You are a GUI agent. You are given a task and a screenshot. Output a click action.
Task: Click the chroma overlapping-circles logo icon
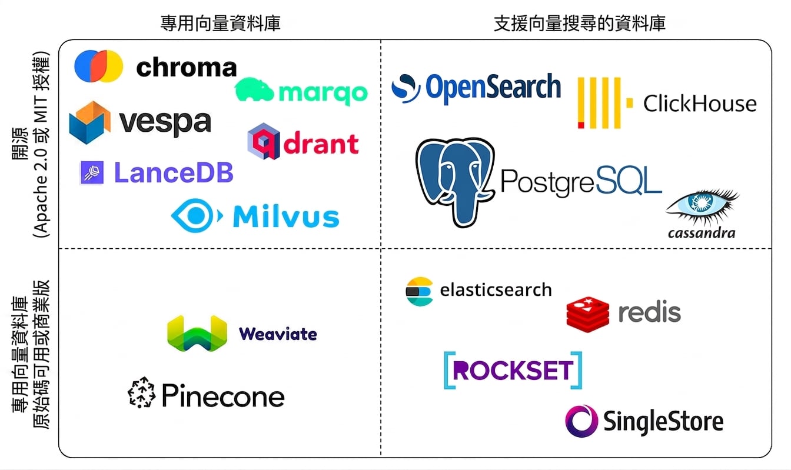pos(98,66)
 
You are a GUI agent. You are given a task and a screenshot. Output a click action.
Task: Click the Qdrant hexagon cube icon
pos(264,141)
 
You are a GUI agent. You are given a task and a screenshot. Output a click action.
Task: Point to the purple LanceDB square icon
pos(92,172)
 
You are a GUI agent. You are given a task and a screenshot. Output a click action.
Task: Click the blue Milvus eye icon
pos(197,216)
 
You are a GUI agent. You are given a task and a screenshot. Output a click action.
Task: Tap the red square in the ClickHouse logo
pos(581,125)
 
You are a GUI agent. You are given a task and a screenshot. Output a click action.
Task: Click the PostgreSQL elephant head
pos(455,182)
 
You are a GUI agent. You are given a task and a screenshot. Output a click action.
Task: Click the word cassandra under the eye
pos(702,233)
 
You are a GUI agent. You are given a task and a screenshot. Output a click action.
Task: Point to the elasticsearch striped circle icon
pos(419,291)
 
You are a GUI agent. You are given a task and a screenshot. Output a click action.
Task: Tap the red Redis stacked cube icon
pos(587,314)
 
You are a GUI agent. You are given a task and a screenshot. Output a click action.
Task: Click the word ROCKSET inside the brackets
pos(513,370)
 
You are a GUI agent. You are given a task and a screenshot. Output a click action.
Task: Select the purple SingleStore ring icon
pos(581,421)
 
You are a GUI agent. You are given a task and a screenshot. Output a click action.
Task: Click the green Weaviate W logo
pos(197,334)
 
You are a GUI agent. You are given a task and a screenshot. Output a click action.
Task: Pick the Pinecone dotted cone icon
pos(142,392)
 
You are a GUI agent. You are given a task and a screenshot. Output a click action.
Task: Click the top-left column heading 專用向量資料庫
pos(220,24)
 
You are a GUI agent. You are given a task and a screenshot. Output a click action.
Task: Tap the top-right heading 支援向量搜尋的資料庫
pos(580,24)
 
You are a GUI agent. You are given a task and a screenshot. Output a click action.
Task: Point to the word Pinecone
pos(223,395)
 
